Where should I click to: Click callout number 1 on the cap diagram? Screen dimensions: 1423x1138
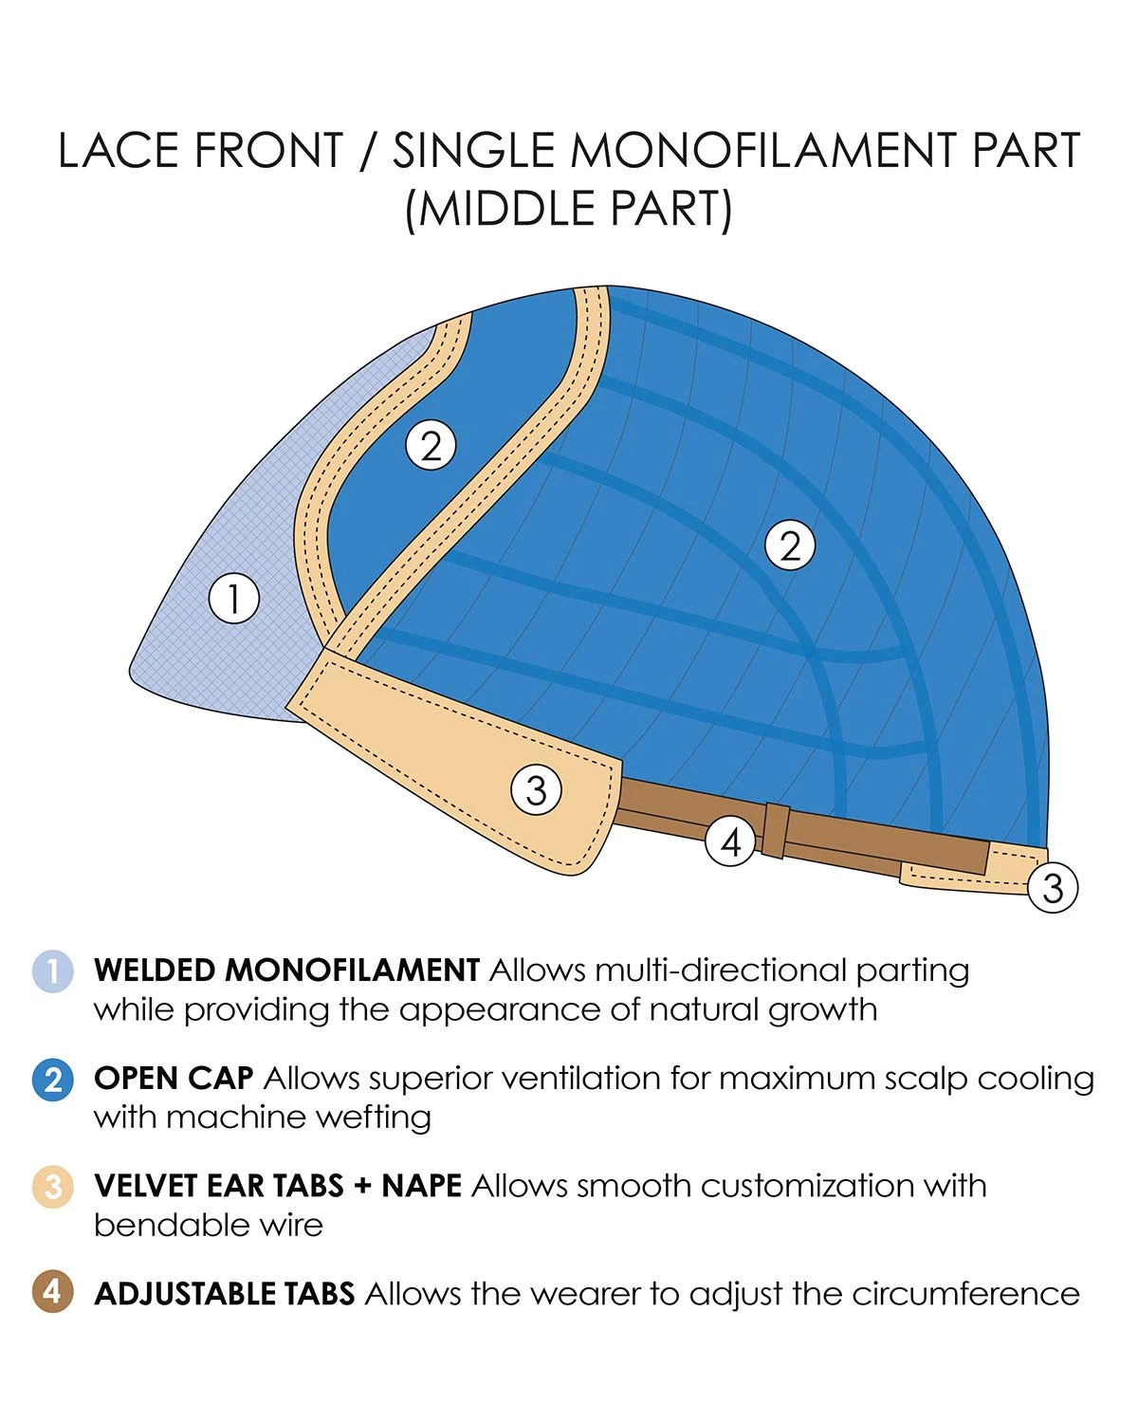pyautogui.click(x=233, y=599)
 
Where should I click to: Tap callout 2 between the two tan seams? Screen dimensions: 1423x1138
pyautogui.click(x=431, y=446)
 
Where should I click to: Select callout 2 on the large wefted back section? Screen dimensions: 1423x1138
pyautogui.click(x=790, y=545)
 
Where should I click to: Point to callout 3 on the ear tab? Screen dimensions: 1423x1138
pyautogui.click(x=536, y=789)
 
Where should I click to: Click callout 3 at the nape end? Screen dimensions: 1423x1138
pyautogui.click(x=1053, y=888)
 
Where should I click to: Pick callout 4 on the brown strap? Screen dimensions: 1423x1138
pyautogui.click(x=730, y=841)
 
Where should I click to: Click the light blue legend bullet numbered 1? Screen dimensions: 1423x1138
pyautogui.click(x=53, y=971)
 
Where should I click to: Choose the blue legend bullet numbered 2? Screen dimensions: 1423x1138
pyautogui.click(x=53, y=1080)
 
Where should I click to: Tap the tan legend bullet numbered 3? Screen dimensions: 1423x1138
pyautogui.click(x=53, y=1187)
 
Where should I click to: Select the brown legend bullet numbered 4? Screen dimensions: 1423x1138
pyautogui.click(x=53, y=1292)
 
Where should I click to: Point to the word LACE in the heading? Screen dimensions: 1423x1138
pyautogui.click(x=118, y=152)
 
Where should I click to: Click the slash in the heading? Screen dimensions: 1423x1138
pyautogui.click(x=369, y=152)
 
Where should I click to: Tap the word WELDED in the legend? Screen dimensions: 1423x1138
pyautogui.click(x=156, y=970)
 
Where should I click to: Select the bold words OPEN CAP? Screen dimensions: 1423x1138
pyautogui.click(x=174, y=1079)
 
